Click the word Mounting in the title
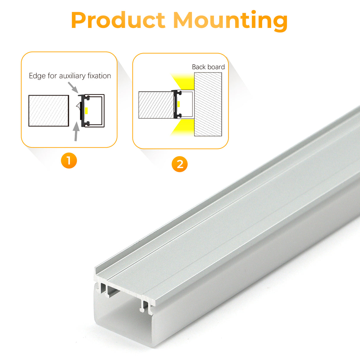tap(230, 21)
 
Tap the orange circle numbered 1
tap(69, 161)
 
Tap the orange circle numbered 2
tap(180, 164)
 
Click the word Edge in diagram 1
tap(37, 76)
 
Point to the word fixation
tap(99, 76)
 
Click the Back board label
tap(208, 67)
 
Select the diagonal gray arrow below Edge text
tap(73, 87)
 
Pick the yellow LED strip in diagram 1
tap(86, 111)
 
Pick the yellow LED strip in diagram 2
tap(179, 104)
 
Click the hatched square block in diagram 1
tap(49, 111)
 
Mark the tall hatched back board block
tap(208, 104)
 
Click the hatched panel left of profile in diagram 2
tap(156, 105)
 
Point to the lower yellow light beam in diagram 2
tap(182, 128)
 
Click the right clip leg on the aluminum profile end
tap(144, 307)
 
